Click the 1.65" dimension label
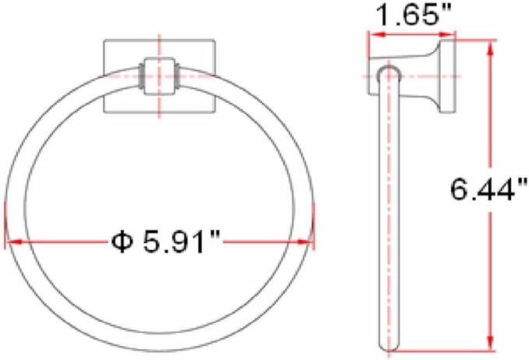click(x=411, y=16)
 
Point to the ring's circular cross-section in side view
click(x=388, y=76)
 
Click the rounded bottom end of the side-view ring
click(x=389, y=348)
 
